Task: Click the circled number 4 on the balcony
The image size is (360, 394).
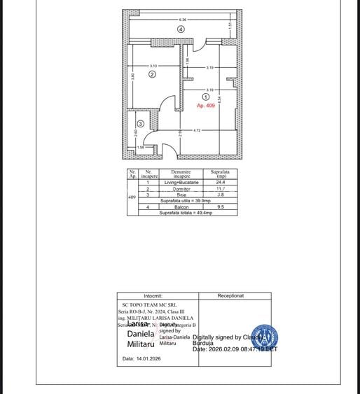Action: (x=181, y=29)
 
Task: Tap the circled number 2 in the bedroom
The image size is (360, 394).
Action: (x=152, y=74)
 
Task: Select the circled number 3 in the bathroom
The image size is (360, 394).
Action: (x=140, y=124)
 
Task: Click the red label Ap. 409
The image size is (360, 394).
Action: (x=206, y=106)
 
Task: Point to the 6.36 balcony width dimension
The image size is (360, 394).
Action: (x=182, y=20)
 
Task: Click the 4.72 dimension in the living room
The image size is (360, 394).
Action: (x=198, y=130)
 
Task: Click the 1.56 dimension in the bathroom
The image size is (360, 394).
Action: (x=140, y=148)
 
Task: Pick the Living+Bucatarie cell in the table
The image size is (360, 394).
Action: (x=181, y=183)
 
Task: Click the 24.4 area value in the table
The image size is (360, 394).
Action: (x=221, y=183)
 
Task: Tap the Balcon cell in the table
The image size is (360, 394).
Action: (x=181, y=207)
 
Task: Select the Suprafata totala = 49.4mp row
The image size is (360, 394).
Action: (x=186, y=213)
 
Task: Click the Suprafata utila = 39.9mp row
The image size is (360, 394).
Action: (x=186, y=201)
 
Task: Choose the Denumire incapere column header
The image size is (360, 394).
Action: (x=181, y=174)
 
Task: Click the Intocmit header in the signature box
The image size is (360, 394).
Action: (x=158, y=296)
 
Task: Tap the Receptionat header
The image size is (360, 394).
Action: (x=235, y=296)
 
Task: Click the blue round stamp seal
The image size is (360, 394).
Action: (x=264, y=339)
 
